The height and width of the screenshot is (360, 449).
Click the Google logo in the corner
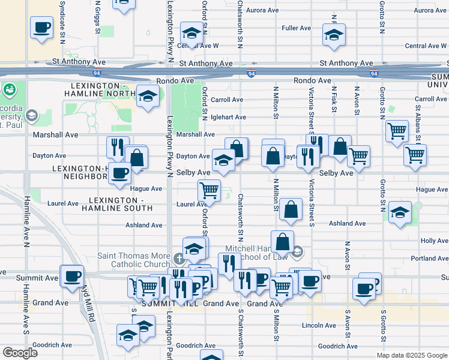click(x=20, y=353)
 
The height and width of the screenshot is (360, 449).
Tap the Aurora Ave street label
click(x=262, y=10)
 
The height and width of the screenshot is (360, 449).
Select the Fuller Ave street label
click(x=296, y=28)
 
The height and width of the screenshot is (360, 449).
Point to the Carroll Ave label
click(x=227, y=100)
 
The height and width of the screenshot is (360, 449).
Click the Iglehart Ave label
click(x=229, y=118)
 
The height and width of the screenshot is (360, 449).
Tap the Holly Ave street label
click(x=434, y=241)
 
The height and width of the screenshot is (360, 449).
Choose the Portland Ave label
click(x=430, y=259)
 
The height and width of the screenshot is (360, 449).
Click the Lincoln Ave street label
click(x=322, y=326)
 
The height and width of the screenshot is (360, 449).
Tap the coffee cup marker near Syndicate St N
click(x=42, y=28)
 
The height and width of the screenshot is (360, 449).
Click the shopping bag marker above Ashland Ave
click(x=291, y=210)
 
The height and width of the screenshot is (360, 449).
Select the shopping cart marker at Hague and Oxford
click(x=209, y=190)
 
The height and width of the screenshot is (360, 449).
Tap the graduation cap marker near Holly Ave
click(x=400, y=213)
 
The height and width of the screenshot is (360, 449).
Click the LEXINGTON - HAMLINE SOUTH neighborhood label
click(x=120, y=204)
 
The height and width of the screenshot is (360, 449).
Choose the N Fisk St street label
click(x=334, y=98)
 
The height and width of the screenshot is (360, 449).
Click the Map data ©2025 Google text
click(x=411, y=356)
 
